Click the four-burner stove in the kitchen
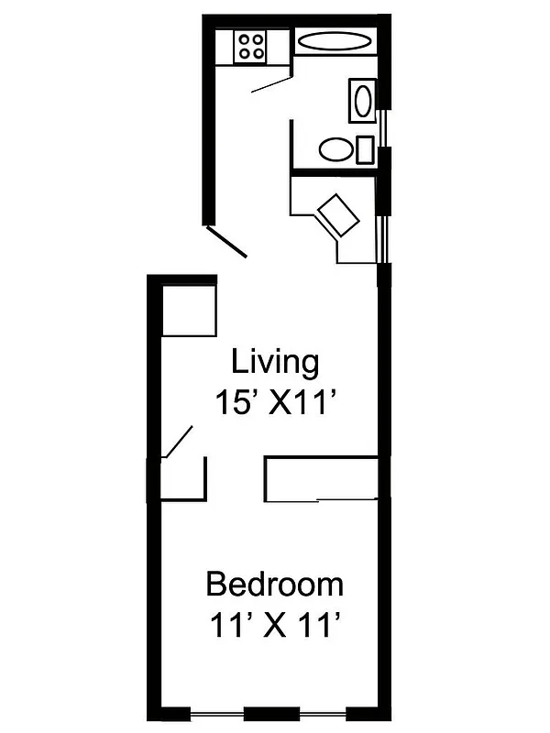250,47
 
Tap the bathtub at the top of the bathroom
335,41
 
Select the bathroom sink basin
362,100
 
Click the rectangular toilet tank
365,149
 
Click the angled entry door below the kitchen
226,241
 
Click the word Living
275,362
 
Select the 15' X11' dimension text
272,402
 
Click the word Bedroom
274,584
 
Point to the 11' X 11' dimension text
274,628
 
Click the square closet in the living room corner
190,311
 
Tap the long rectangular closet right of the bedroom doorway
321,477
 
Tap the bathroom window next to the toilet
386,127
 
